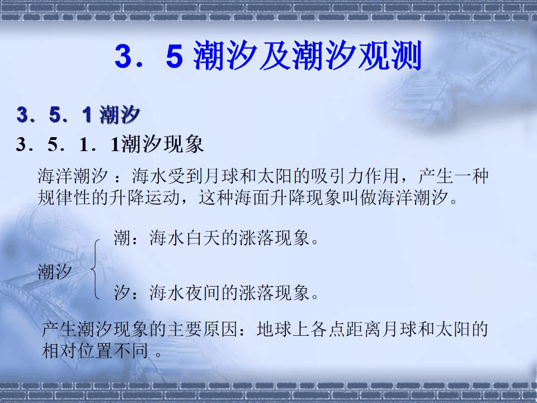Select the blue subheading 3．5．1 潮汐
tap(78, 115)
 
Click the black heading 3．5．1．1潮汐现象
tap(110, 145)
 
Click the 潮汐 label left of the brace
tap(55, 273)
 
